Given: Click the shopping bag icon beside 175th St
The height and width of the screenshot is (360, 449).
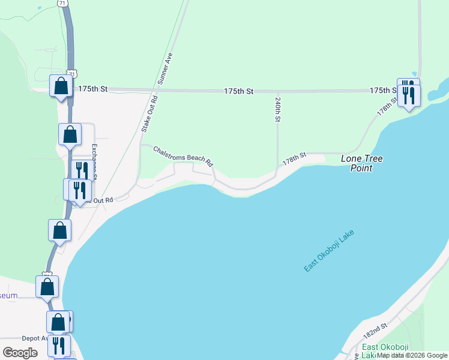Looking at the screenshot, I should pyautogui.click(x=61, y=86).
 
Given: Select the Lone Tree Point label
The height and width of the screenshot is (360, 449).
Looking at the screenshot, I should pyautogui.click(x=361, y=163).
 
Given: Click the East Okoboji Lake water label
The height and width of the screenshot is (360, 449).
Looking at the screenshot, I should pyautogui.click(x=330, y=250).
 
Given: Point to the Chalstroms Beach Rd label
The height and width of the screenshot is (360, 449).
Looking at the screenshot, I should pyautogui.click(x=182, y=155).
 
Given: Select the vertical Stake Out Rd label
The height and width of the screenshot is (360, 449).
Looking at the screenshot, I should pyautogui.click(x=149, y=113).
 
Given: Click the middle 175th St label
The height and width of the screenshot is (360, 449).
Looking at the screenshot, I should pyautogui.click(x=239, y=91).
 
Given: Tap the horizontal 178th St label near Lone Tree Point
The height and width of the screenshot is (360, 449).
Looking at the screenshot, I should pyautogui.click(x=295, y=158).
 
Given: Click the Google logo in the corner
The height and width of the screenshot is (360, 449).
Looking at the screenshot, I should pyautogui.click(x=20, y=353).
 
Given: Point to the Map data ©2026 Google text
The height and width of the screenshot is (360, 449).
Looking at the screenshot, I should pyautogui.click(x=412, y=355).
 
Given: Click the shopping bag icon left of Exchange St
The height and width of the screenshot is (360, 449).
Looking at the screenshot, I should pyautogui.click(x=70, y=134).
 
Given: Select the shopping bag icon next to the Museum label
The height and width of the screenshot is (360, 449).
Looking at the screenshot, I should pyautogui.click(x=47, y=287).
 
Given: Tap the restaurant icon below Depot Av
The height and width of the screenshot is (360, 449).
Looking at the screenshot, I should pyautogui.click(x=59, y=345).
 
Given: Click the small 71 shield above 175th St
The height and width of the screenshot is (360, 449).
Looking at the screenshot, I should pyautogui.click(x=72, y=73).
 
